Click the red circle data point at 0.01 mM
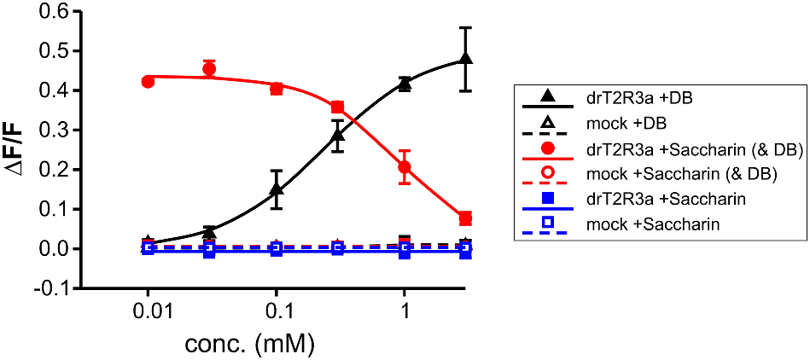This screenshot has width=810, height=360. click(149, 82)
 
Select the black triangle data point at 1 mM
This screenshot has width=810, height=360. click(405, 83)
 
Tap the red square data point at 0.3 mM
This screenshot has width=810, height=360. click(337, 107)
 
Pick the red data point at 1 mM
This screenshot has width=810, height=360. click(405, 167)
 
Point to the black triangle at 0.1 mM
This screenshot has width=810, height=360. click(277, 189)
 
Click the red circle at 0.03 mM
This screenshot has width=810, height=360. click(209, 68)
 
